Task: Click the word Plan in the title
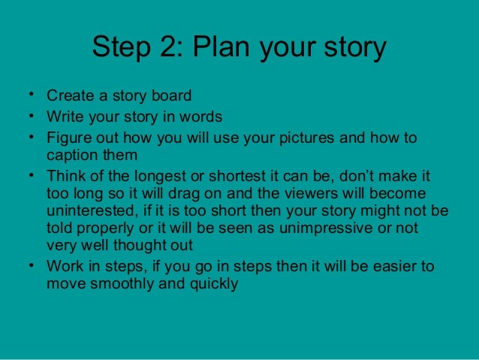(x=223, y=48)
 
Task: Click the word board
(x=170, y=96)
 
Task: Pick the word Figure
(x=68, y=138)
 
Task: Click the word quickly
(x=212, y=285)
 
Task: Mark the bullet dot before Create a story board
(x=28, y=95)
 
